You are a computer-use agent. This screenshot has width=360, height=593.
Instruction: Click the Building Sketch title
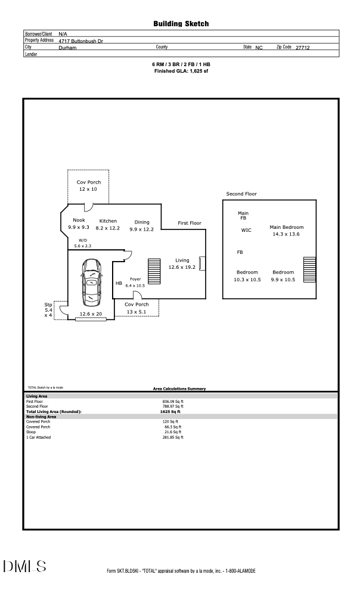180,24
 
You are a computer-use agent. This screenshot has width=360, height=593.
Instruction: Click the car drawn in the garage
91,282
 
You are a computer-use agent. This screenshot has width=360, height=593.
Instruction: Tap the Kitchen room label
108,225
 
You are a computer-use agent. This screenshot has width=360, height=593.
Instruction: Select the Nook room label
79,224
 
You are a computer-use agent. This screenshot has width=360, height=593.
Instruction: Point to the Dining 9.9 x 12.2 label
141,225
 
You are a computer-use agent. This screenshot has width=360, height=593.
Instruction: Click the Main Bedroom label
286,231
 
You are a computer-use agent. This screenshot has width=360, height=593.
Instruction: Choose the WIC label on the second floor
246,230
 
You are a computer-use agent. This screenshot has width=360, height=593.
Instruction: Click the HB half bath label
119,284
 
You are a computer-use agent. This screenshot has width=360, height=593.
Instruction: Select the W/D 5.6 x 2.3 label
83,243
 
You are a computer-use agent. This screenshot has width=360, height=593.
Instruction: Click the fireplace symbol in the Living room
201,263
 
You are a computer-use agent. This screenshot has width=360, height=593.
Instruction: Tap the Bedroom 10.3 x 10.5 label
247,276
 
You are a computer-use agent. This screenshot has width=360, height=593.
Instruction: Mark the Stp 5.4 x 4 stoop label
48,310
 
